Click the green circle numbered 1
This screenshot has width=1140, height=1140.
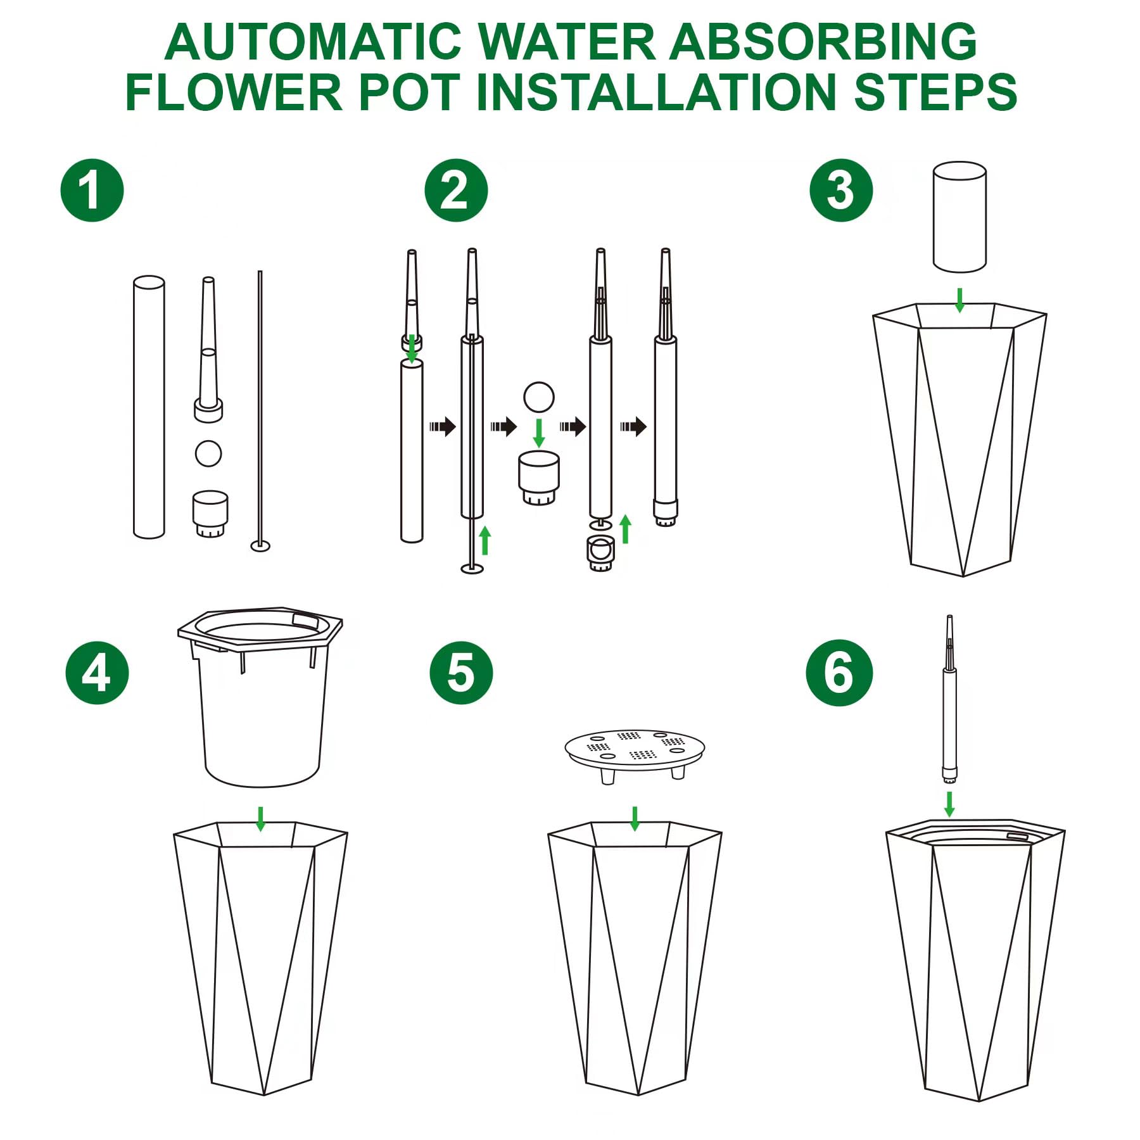(92, 190)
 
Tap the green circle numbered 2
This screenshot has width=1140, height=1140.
(456, 190)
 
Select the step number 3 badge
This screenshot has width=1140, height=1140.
(841, 190)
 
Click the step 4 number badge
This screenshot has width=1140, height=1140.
(97, 673)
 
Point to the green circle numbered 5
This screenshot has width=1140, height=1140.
(461, 673)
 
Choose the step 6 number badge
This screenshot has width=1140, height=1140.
(839, 673)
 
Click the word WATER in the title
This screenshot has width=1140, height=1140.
(567, 42)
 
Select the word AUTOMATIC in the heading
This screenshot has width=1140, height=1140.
(313, 42)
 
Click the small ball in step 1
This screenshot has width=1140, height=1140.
(208, 453)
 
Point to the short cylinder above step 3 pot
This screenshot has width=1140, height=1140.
(959, 217)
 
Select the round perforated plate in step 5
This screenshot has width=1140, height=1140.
(635, 755)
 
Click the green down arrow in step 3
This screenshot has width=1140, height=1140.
(960, 300)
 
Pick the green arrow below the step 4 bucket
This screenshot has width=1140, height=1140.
(260, 819)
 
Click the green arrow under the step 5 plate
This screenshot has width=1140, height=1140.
(635, 819)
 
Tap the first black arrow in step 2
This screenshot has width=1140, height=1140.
(443, 426)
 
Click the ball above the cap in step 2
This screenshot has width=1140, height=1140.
(539, 397)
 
